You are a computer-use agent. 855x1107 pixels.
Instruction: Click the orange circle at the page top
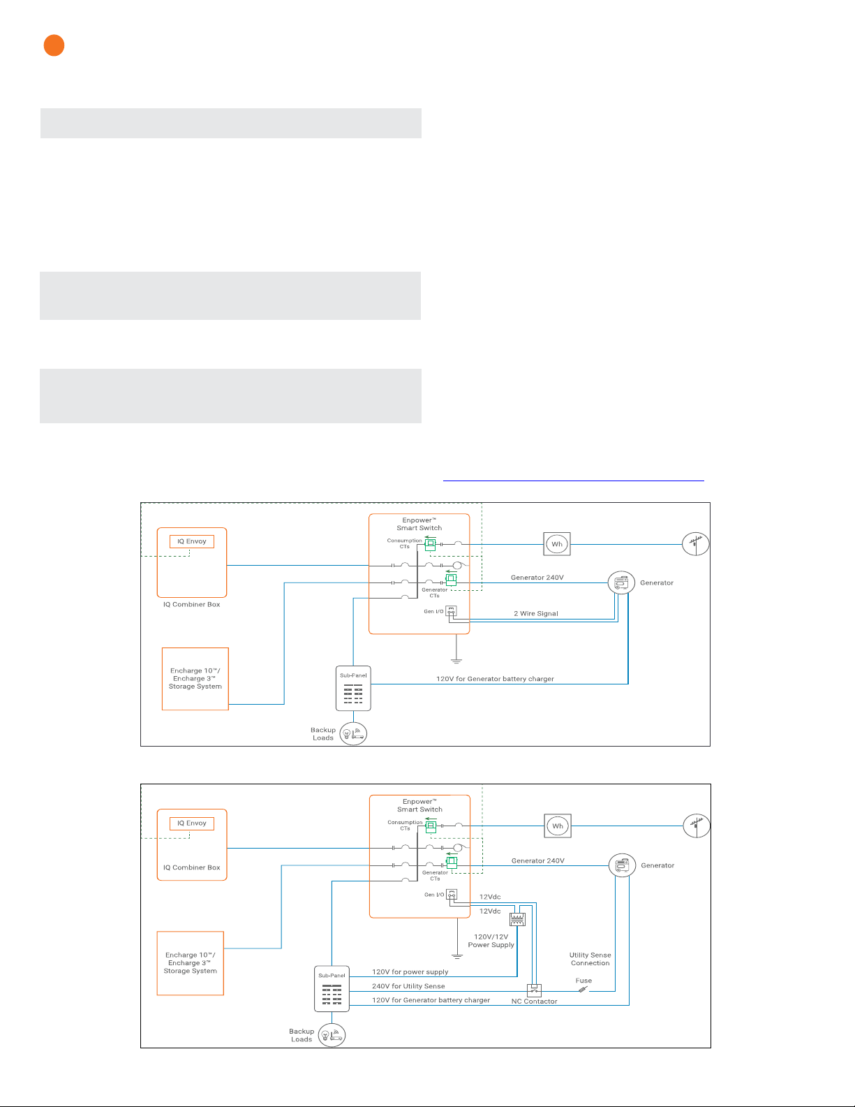pos(54,45)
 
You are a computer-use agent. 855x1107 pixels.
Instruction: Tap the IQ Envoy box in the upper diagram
pos(192,541)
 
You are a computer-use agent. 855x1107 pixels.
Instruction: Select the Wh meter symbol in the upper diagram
pos(557,544)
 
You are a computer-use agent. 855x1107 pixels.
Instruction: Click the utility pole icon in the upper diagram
pos(695,544)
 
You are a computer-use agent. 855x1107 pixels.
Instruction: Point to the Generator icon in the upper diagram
pos(621,582)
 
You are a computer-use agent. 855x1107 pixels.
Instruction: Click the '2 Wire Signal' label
pos(536,613)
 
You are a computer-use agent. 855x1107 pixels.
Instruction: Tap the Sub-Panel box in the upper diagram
pos(353,688)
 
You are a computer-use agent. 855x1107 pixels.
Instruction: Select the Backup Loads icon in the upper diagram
pos(353,733)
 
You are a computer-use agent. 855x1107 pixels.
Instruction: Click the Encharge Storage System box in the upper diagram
pos(195,679)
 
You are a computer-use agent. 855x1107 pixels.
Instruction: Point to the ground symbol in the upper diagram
pos(456,661)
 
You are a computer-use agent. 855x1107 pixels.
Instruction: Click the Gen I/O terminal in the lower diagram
pos(452,895)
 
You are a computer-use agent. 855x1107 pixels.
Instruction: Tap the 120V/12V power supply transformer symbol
pos(517,919)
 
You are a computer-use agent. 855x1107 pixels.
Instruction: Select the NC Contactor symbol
pos(534,990)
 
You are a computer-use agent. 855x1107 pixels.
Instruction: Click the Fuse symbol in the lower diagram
pos(583,990)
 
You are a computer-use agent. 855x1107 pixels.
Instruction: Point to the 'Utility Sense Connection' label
pos(590,959)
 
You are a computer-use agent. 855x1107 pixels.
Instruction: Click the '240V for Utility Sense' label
pos(408,986)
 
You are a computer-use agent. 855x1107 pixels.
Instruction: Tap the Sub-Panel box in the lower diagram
pos(332,989)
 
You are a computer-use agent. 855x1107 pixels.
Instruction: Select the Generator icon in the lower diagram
pos(622,865)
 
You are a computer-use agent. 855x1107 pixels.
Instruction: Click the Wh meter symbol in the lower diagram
pos(558,826)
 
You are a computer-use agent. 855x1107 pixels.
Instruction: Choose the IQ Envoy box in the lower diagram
pos(192,823)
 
